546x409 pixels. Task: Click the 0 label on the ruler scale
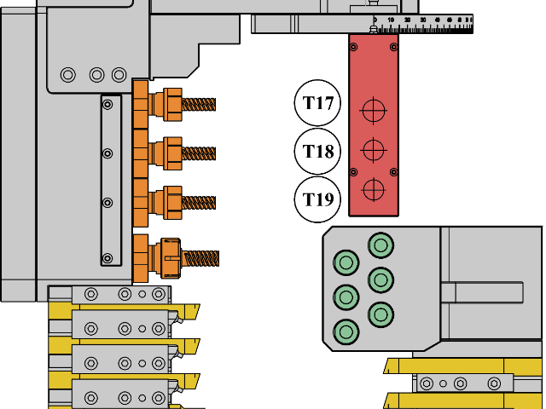click(375, 19)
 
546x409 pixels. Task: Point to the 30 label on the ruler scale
click(423, 19)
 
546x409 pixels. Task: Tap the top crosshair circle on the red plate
click(374, 110)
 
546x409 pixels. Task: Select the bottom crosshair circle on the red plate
click(374, 189)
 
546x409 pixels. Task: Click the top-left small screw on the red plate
click(354, 47)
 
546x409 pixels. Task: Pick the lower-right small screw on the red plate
click(393, 172)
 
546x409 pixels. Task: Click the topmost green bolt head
click(380, 245)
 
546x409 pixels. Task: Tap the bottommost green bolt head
click(346, 331)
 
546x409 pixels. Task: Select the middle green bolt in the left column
click(346, 297)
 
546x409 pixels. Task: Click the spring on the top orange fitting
click(199, 105)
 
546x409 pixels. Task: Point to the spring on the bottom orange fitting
click(201, 258)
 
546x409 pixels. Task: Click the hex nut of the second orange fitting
click(173, 154)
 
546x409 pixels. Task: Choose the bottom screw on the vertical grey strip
click(107, 258)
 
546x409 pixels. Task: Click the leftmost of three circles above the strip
click(68, 75)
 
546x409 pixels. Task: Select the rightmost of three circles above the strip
click(119, 75)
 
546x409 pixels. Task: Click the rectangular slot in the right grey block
click(482, 293)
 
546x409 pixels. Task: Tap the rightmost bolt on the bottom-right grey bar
click(494, 383)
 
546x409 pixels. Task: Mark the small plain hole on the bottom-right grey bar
click(443, 383)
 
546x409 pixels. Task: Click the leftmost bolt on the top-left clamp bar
click(91, 294)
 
